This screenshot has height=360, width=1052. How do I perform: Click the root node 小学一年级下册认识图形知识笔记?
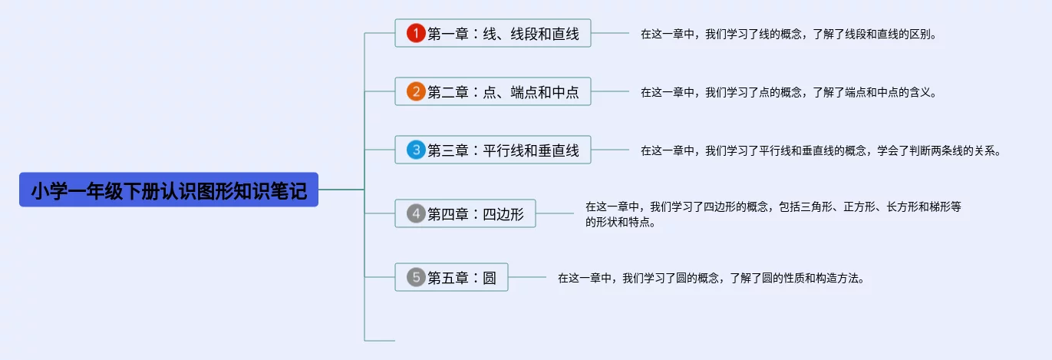coord(169,190)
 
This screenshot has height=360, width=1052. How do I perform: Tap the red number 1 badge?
coord(416,33)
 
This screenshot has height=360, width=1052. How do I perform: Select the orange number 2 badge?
coord(416,92)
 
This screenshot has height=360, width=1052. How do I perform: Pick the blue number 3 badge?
coord(416,150)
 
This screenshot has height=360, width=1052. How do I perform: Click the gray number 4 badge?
coord(416,213)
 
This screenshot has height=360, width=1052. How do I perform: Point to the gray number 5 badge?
coord(416,277)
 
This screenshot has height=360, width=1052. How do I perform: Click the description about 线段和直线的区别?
coord(789,34)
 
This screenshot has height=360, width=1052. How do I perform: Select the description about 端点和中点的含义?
coord(789,92)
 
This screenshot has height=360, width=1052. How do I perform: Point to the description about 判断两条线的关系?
coord(821,150)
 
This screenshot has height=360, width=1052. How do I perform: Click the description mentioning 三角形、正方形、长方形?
coord(773,214)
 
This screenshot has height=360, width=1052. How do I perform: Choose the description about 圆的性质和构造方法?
coord(711,278)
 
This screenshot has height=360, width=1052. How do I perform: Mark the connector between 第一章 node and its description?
coord(610,33)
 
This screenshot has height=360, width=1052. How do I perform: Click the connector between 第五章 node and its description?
coord(527,277)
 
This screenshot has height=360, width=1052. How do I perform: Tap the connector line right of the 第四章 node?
coord(555,213)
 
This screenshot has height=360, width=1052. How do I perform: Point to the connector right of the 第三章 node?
coord(610,150)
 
